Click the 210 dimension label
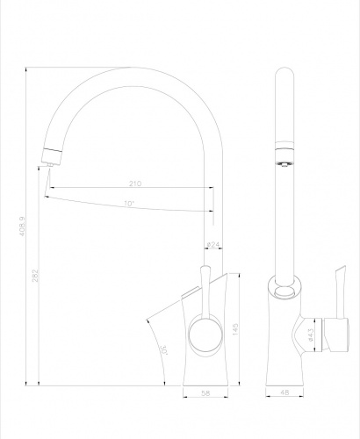coord(135,184)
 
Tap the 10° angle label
coord(129,205)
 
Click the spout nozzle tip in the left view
coord(51,159)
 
